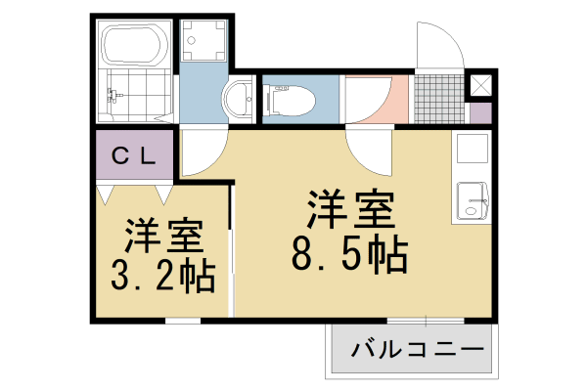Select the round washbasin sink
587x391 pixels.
pos(237,99)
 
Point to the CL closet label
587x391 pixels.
pos(134,154)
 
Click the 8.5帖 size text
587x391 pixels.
pos(349,256)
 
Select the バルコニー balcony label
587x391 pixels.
pos(416,349)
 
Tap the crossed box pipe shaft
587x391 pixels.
pos(481,85)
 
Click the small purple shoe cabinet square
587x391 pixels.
pos(480,111)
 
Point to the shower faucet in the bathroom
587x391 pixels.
pos(112,96)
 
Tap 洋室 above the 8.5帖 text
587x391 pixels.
pos(349,208)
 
